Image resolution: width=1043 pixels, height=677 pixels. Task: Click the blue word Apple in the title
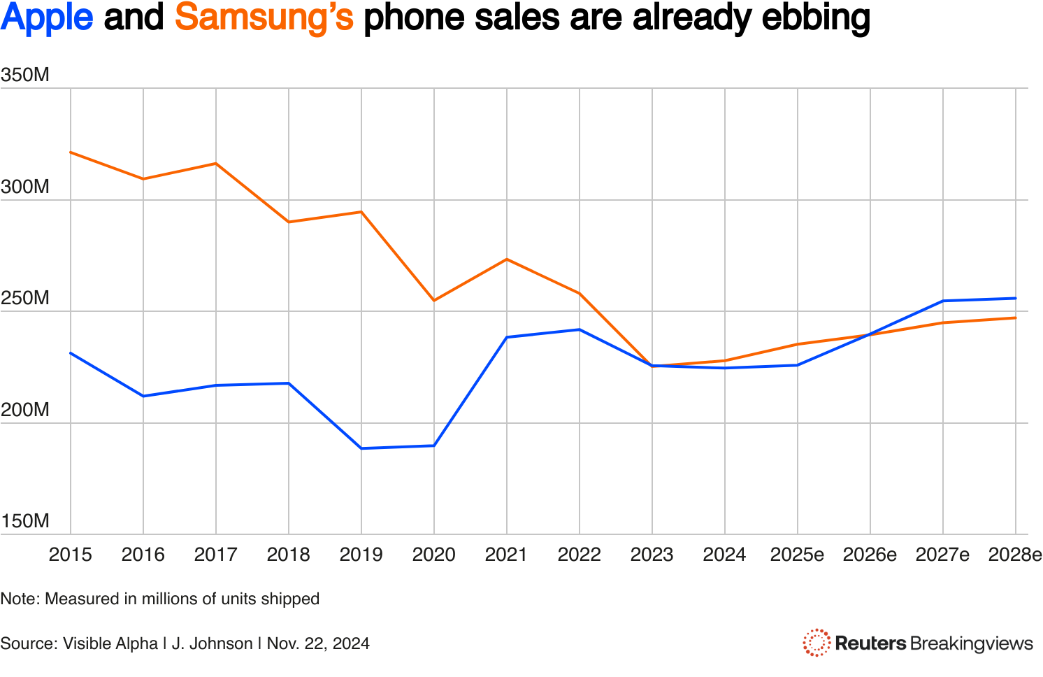47,19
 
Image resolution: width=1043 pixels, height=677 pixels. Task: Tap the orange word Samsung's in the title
264,19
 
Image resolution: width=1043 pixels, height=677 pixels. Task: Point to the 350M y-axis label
25,75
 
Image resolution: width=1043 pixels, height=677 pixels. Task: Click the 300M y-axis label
25,187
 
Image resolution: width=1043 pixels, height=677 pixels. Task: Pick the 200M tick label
25,410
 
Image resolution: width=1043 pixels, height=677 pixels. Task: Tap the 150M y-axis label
25,521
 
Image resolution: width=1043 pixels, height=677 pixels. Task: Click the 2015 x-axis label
70,555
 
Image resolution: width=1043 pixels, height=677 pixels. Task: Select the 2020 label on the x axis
433,555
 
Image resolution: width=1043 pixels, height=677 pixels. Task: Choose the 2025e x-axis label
797,555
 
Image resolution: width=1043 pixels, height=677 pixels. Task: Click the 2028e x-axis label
1015,555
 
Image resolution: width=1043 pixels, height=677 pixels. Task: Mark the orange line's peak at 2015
71,152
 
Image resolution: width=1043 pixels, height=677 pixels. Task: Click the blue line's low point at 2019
361,448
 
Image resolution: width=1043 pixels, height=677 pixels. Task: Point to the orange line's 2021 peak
507,259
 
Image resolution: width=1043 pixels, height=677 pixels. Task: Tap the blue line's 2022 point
580,329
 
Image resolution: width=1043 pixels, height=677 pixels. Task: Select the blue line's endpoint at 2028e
1016,299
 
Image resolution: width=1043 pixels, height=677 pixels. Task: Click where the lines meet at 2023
652,366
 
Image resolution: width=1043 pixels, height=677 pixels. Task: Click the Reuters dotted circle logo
816,643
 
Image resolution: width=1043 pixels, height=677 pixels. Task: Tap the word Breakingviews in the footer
972,643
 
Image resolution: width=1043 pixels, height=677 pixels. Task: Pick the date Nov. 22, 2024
318,643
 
